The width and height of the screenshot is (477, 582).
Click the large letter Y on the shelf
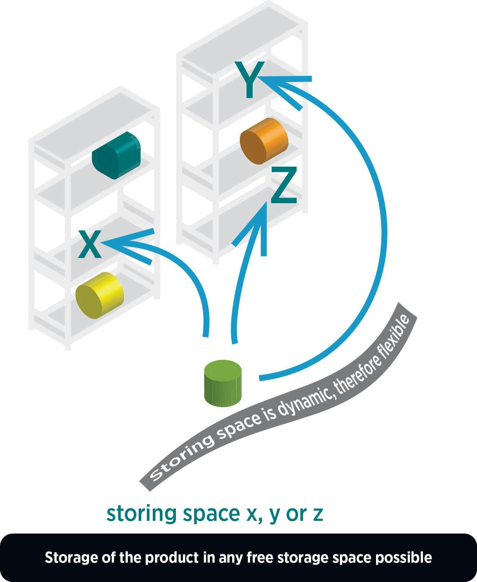pyautogui.click(x=250, y=80)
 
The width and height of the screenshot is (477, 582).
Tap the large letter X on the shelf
pyautogui.click(x=90, y=245)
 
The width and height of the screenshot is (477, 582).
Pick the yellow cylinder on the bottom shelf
pyautogui.click(x=99, y=295)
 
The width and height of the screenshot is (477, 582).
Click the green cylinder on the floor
pyautogui.click(x=223, y=383)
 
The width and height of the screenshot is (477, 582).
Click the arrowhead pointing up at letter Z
pyautogui.click(x=263, y=213)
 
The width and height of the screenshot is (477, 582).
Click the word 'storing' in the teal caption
pyautogui.click(x=141, y=514)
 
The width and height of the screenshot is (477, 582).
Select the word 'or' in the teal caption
pyautogui.click(x=297, y=514)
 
